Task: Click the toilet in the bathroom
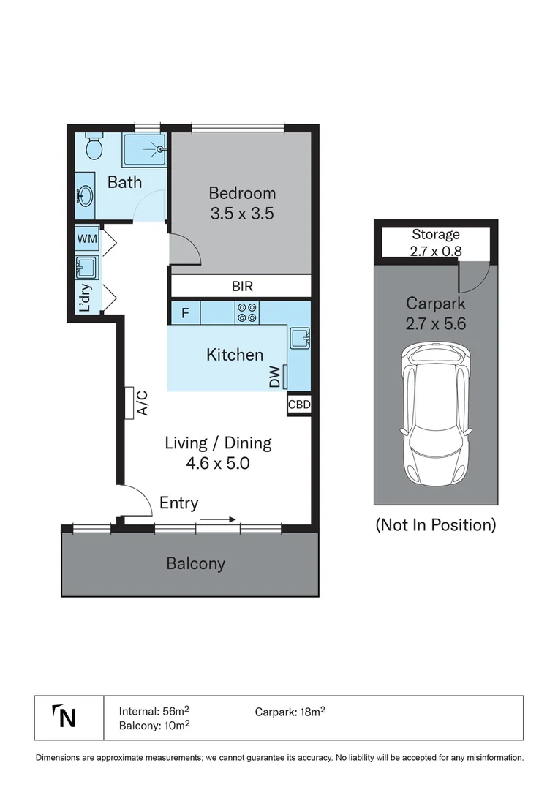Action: tap(94, 146)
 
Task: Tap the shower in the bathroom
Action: tap(144, 150)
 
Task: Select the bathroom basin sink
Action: tap(85, 195)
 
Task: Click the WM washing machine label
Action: tap(87, 238)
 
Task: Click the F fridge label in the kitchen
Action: tap(185, 313)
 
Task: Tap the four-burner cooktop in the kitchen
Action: tap(246, 312)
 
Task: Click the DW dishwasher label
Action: tap(274, 377)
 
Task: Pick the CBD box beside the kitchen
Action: tap(299, 404)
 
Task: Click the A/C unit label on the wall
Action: tap(143, 403)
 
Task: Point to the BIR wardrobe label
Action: tap(242, 286)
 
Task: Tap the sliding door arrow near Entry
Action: tap(217, 519)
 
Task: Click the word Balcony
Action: tap(195, 563)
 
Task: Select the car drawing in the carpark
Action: tap(436, 413)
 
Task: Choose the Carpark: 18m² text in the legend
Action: tap(290, 712)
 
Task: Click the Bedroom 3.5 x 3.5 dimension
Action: tap(242, 213)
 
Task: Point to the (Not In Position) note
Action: tap(436, 525)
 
